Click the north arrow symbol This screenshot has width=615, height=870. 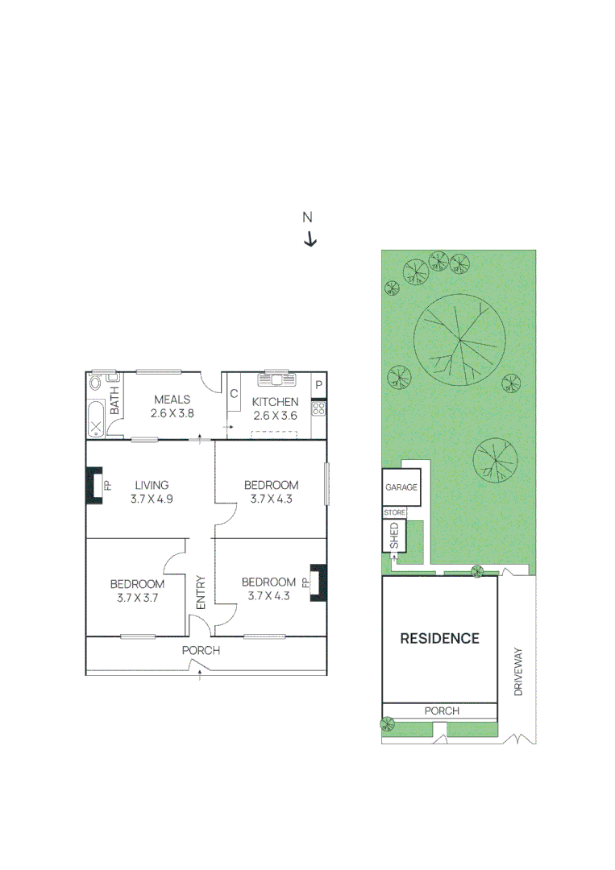pos(310,239)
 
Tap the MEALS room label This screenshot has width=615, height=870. pos(172,400)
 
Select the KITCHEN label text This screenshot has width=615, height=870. pos(276,402)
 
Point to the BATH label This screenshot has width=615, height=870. pos(114,400)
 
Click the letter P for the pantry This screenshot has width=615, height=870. pos(319,385)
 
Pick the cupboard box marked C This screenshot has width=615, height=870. pos(234,394)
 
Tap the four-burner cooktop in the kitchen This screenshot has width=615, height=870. pos(318,408)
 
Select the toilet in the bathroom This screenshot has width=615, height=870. pos(97,382)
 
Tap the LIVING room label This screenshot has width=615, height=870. pos(152,485)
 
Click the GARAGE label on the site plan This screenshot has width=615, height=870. pos(401,487)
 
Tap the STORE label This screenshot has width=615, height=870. pos(394,512)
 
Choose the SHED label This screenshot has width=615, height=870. pos(393,536)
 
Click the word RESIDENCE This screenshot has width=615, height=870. pos(440,639)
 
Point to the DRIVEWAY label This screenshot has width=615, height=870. pos(519,673)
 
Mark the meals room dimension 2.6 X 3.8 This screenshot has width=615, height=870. pos(172,413)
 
